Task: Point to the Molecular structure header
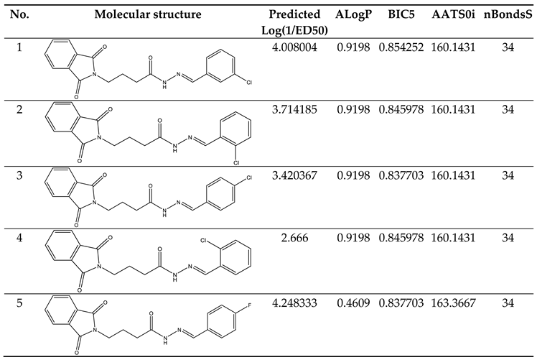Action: pyautogui.click(x=157, y=15)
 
